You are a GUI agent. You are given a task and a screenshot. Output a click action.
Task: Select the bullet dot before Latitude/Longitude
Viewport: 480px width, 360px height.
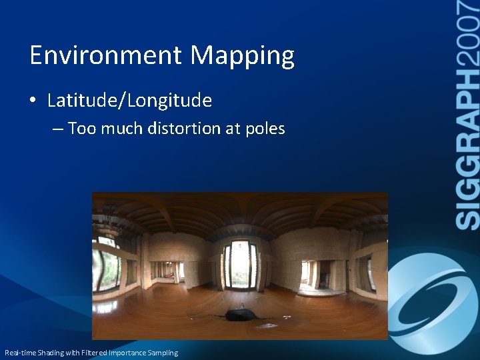[33, 101]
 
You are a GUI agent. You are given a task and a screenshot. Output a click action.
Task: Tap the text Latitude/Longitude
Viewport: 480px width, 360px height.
[129, 101]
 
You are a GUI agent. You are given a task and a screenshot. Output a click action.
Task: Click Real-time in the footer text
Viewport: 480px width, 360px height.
[19, 353]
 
